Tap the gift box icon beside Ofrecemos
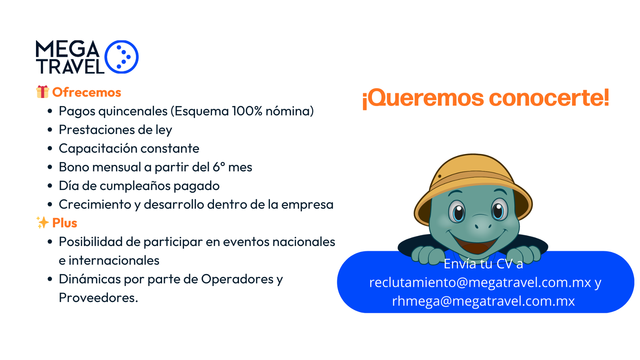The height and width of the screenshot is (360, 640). pos(42,92)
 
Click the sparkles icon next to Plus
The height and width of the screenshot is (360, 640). pos(42,222)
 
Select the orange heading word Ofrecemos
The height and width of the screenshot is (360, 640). pos(86,92)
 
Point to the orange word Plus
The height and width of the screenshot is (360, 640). pos(64,223)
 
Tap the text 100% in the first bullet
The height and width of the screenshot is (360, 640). pos(247,111)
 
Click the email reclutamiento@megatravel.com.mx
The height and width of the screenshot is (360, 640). pos(480,282)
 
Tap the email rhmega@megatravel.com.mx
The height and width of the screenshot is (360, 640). pos(483,301)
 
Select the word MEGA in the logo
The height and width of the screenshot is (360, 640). pos(68,48)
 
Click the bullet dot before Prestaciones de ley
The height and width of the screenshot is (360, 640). pos(50,130)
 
